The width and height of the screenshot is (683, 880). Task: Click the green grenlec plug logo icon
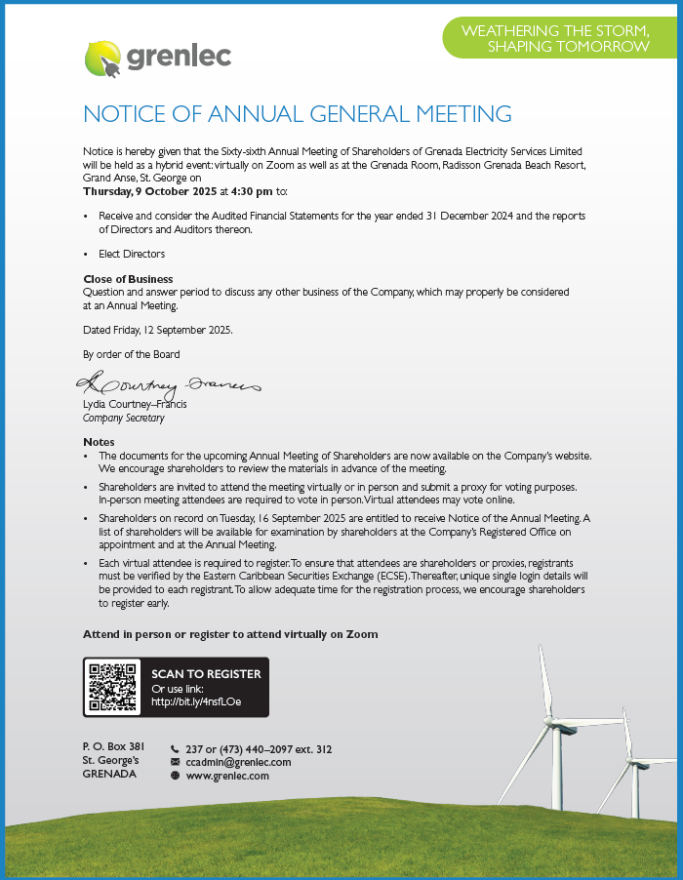pyautogui.click(x=101, y=59)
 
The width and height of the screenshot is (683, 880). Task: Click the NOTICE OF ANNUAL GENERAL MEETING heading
pyautogui.click(x=298, y=114)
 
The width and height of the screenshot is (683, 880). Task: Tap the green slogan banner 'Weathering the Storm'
pyautogui.click(x=555, y=39)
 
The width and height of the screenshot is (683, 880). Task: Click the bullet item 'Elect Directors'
pyautogui.click(x=132, y=254)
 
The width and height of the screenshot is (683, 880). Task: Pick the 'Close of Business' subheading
pyautogui.click(x=128, y=279)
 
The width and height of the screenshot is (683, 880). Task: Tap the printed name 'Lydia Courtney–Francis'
pyautogui.click(x=135, y=404)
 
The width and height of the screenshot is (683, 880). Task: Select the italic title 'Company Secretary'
pyautogui.click(x=124, y=418)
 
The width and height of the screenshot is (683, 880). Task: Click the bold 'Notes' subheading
pyautogui.click(x=99, y=442)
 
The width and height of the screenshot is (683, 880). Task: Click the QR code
pyautogui.click(x=111, y=687)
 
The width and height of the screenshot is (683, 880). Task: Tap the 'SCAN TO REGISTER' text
pyautogui.click(x=206, y=674)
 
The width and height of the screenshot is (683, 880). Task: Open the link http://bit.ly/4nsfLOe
pyautogui.click(x=196, y=701)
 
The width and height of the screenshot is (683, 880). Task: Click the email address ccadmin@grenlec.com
pyautogui.click(x=238, y=762)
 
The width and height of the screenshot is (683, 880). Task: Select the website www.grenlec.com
pyautogui.click(x=227, y=776)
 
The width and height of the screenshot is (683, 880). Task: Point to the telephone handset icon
pyautogui.click(x=175, y=749)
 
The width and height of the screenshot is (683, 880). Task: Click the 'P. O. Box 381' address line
pyautogui.click(x=113, y=746)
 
